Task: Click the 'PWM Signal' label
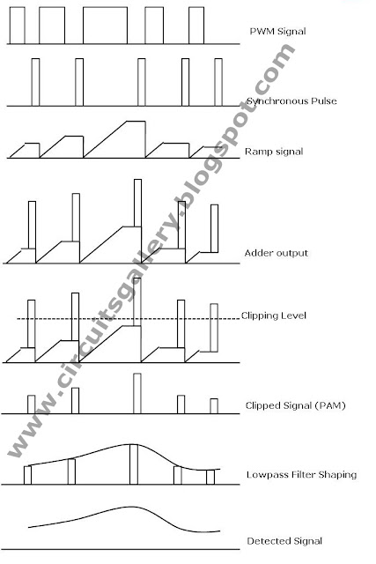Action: coord(277,32)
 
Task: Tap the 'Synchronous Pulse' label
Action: coord(291,101)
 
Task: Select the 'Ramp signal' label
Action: coord(274,152)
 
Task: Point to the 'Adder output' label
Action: coord(276,253)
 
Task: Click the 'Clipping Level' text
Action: coord(273,315)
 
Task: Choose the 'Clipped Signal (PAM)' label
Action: coord(295,405)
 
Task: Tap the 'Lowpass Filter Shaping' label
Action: coord(301,474)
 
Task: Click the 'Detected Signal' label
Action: coord(284,540)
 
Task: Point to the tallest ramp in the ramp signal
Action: coord(114,139)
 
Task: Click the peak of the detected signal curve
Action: coord(129,507)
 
